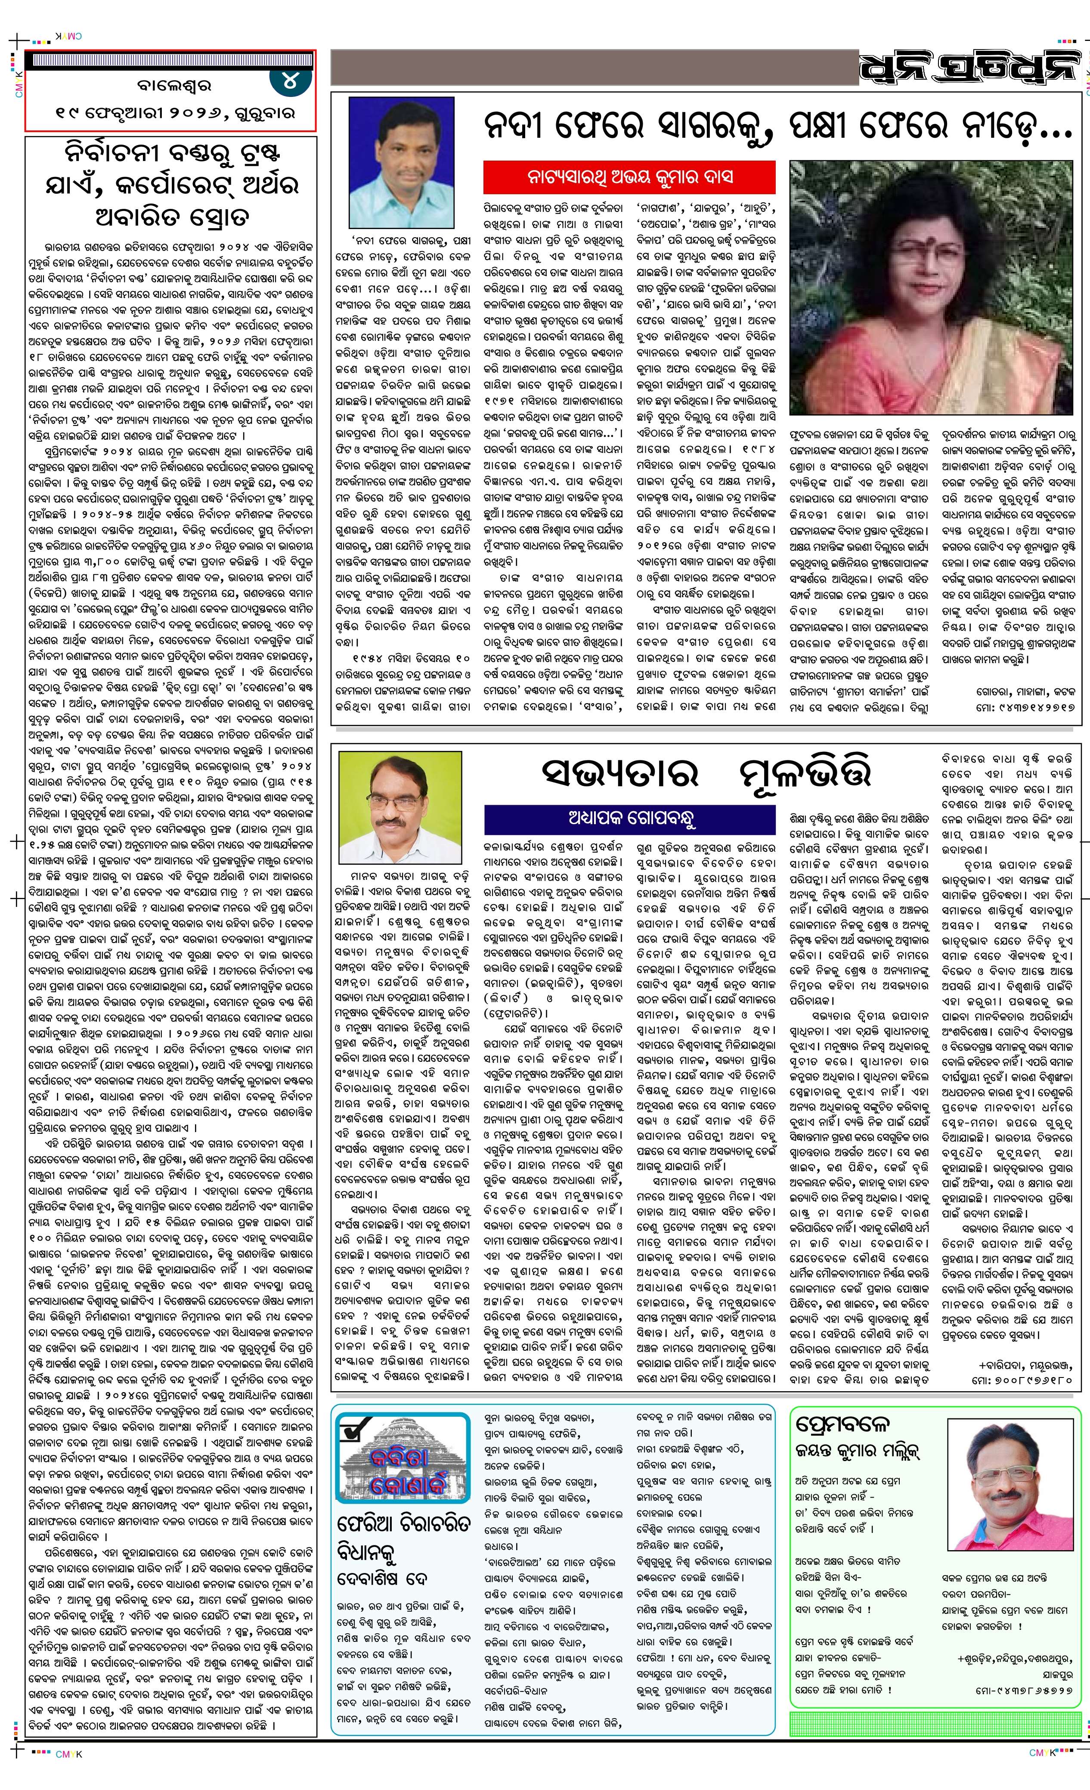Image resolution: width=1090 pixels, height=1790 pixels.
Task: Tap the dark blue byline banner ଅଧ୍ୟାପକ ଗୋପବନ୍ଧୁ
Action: point(629,818)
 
